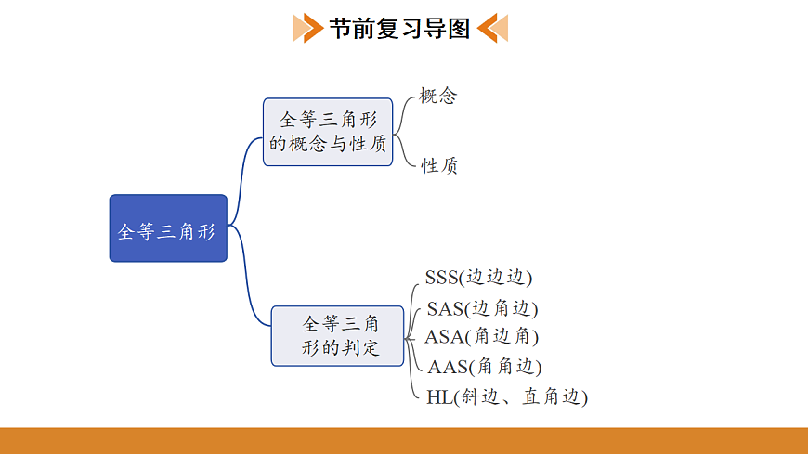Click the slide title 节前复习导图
[400, 28]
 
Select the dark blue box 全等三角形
[168, 228]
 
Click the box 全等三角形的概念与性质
[328, 132]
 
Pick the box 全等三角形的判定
[338, 335]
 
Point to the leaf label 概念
[438, 97]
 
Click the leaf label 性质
[439, 166]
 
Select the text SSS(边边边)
[478, 278]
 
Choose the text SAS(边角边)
[482, 308]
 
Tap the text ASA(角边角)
[481, 336]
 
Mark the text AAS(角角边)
[484, 367]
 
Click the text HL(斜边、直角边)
[507, 396]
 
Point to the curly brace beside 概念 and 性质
[403, 131]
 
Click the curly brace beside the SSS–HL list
[414, 337]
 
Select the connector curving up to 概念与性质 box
[245, 176]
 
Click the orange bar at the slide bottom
[404, 440]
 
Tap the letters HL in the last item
[437, 396]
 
